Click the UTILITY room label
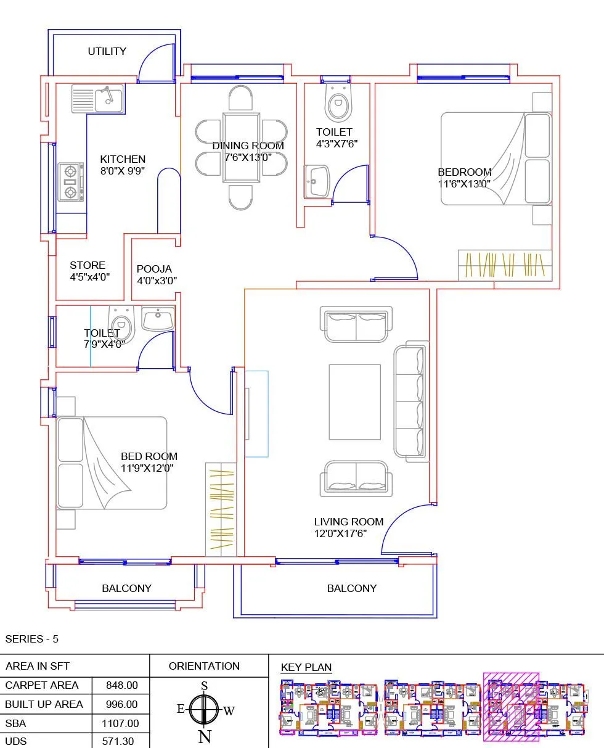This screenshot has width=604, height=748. tap(107, 51)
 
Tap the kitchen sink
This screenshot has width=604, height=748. tap(98, 99)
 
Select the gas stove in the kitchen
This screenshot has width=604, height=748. tap(71, 182)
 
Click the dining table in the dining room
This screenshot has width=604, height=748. tap(241, 147)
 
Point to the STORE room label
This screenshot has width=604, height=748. tap(88, 266)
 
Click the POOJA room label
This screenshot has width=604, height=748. tap(154, 269)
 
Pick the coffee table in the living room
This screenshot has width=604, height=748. tap(354, 402)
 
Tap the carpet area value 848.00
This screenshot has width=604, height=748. tap(121, 685)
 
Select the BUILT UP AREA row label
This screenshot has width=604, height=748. tap(44, 704)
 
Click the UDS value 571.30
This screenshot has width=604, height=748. tap(121, 742)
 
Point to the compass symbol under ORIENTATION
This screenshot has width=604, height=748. tap(205, 710)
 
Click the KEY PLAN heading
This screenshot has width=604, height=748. tap(306, 667)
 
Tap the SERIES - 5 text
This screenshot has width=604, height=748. tap(31, 639)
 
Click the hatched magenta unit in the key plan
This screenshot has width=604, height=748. tap(511, 707)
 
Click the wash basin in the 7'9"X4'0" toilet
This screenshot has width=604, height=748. tap(158, 319)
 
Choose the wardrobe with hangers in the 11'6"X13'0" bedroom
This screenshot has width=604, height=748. tap(505, 265)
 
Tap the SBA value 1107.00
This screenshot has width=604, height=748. tap(121, 723)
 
